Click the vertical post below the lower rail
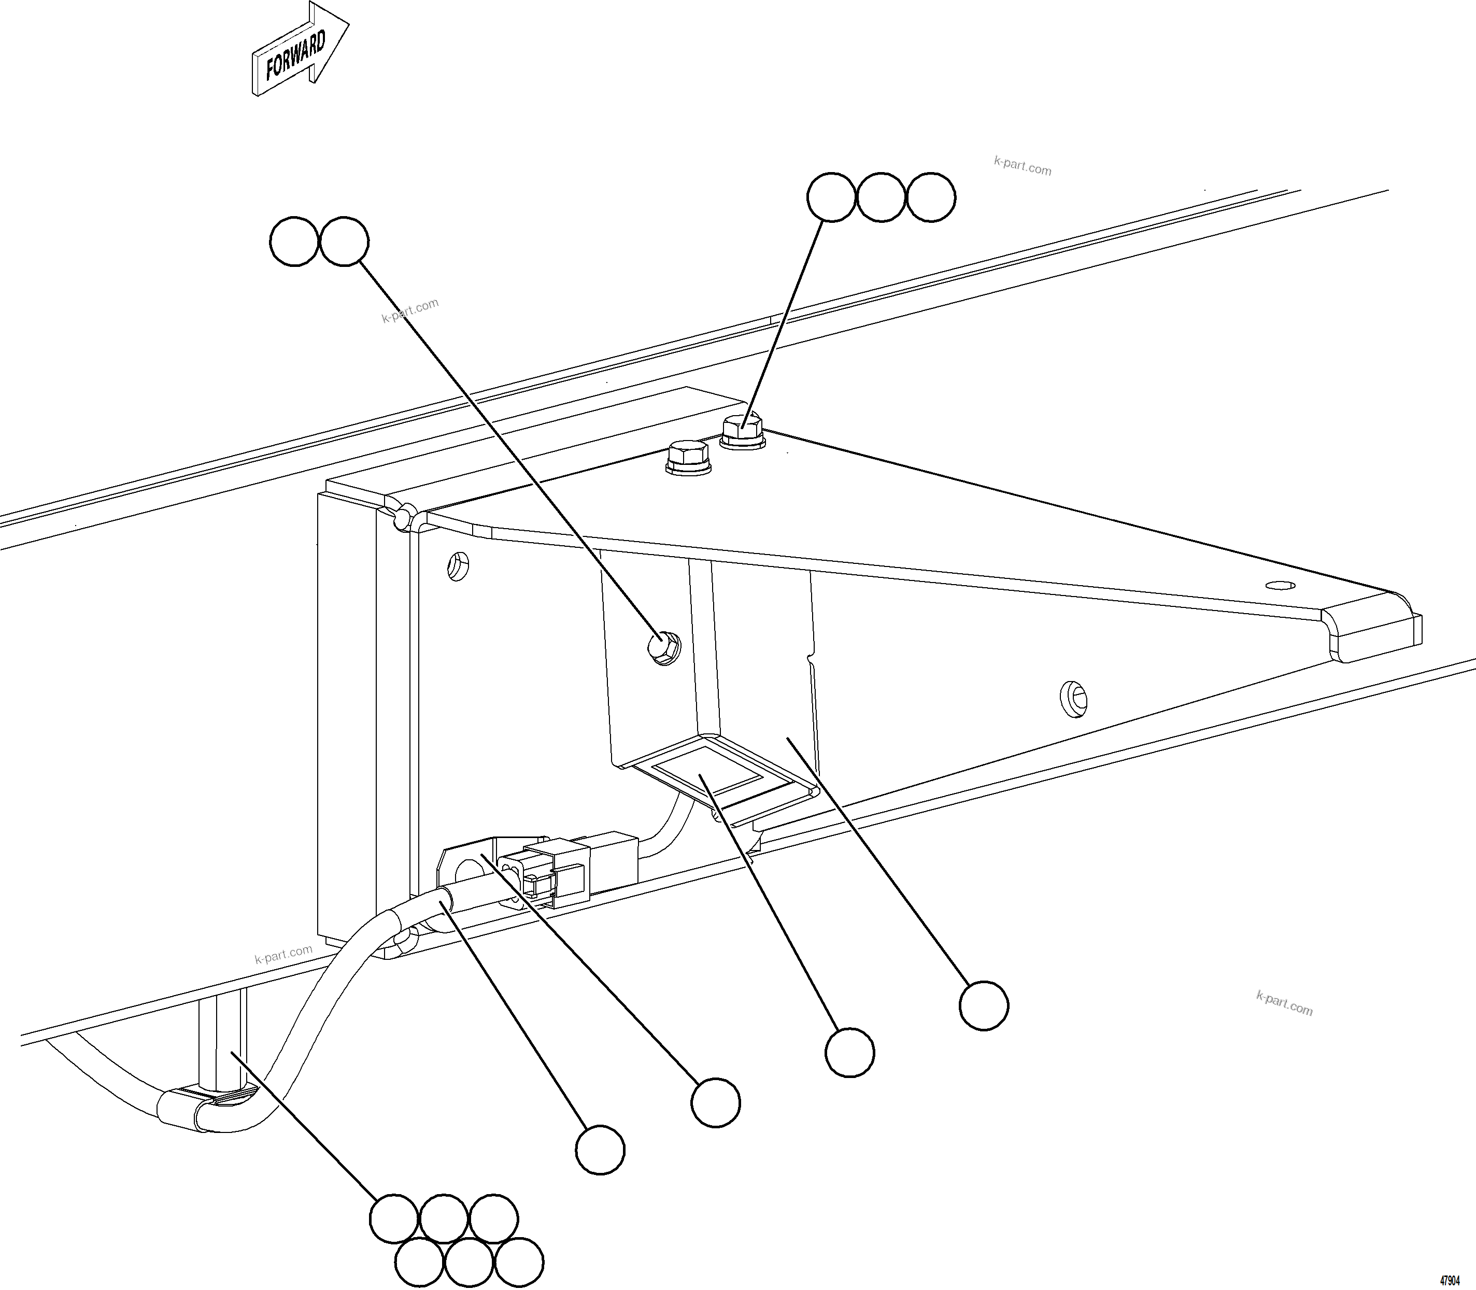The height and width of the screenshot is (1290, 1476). pos(222,1037)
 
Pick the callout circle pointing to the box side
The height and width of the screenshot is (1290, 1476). pos(984,1005)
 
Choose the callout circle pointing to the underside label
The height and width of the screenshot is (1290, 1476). pos(850,1053)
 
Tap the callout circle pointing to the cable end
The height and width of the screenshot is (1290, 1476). pos(600,1151)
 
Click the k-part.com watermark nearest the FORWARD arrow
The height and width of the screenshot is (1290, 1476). pos(409,310)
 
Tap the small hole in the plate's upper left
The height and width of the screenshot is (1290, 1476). pos(458,566)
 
